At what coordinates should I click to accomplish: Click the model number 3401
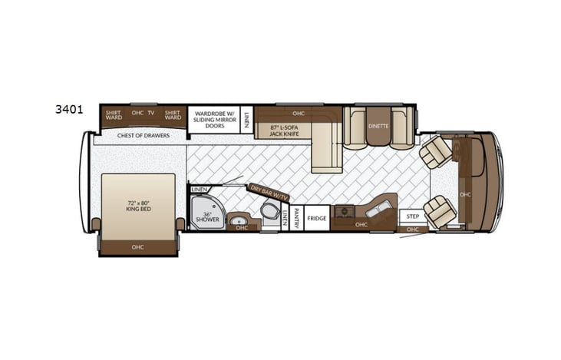(x=68, y=109)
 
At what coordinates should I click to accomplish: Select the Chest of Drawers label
(x=142, y=136)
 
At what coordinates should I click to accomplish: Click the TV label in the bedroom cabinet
(x=151, y=114)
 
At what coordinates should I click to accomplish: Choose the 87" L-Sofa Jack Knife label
(x=283, y=130)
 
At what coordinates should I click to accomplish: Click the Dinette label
(x=378, y=125)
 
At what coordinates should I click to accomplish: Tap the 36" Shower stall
(x=206, y=214)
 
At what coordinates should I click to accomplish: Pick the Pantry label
(x=295, y=217)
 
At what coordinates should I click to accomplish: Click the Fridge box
(x=316, y=219)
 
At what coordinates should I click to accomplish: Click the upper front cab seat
(x=435, y=151)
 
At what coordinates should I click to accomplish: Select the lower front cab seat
(x=441, y=211)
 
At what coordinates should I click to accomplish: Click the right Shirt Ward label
(x=173, y=114)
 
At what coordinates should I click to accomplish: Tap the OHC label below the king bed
(x=137, y=246)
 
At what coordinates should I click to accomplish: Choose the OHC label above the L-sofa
(x=299, y=114)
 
